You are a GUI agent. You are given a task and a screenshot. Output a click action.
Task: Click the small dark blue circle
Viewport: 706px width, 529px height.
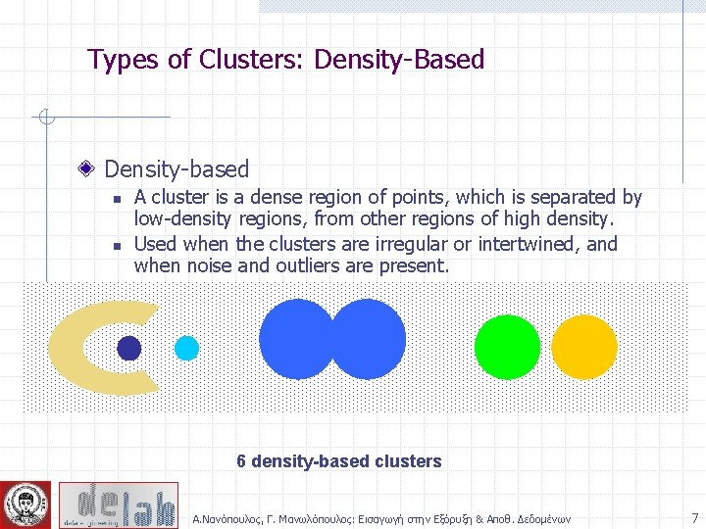129,348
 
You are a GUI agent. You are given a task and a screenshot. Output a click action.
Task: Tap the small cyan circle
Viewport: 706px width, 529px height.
186,348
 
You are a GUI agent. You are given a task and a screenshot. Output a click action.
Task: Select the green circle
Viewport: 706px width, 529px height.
507,347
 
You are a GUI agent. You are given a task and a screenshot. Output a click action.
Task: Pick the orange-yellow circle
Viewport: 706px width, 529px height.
584,347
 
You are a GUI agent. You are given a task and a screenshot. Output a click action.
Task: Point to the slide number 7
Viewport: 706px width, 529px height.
694,517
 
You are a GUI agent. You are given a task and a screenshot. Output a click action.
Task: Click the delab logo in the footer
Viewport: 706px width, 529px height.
118,505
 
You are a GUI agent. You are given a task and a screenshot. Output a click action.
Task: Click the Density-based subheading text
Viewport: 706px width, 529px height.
176,169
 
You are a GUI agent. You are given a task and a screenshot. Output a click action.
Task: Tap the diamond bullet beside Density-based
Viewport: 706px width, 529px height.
87,169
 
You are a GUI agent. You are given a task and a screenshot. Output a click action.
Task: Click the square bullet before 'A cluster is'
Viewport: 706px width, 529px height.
117,199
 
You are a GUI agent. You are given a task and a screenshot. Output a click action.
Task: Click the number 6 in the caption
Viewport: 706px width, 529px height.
242,461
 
